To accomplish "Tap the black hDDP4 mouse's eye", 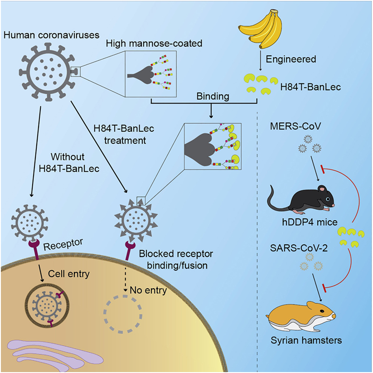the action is [328, 199].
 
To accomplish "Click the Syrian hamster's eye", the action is [322, 311].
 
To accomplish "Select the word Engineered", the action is [291, 59].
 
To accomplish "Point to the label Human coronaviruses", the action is [51, 35].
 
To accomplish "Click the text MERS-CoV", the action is [295, 126].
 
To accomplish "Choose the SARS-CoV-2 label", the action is [299, 248].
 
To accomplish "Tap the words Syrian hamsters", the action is [306, 340].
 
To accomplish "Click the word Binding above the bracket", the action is [213, 97].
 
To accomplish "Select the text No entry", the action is [148, 290].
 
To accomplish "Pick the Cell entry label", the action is [69, 274].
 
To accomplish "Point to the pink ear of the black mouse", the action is [322, 189].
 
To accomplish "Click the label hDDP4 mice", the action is [310, 222].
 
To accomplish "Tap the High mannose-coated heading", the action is [154, 44].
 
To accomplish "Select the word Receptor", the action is [63, 244].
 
